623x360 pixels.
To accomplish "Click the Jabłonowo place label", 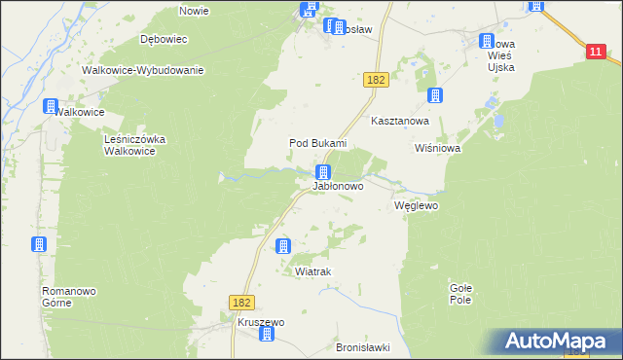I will point(338,185).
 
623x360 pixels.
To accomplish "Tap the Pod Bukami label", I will point(318,143).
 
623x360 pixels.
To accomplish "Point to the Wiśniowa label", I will point(437,149).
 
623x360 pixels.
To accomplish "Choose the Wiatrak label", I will point(313,272).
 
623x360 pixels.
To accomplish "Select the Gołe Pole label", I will point(460,293).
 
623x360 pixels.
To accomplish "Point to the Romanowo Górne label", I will point(68,297).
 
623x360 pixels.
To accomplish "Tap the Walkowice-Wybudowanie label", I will point(142,70).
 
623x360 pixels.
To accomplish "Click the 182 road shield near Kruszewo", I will point(242,304).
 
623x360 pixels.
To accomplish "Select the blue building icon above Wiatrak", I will point(283,246).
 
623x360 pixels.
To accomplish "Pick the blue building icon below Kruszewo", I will point(266,336).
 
